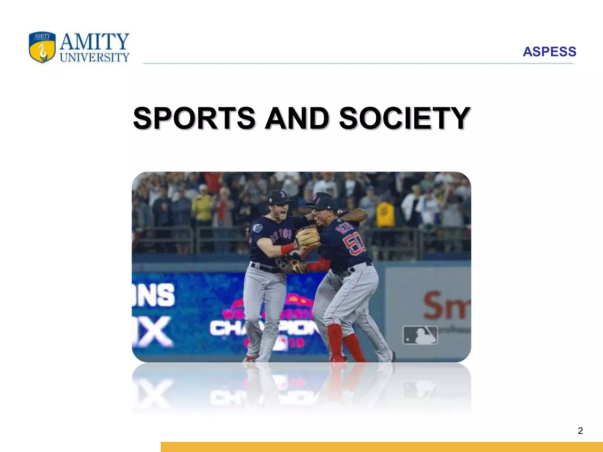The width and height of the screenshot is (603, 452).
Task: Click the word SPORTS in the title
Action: tap(194, 118)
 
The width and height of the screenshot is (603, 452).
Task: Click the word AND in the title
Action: tap(297, 118)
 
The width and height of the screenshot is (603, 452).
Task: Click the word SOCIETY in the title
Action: tap(405, 118)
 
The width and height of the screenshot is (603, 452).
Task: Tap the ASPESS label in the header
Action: tap(549, 52)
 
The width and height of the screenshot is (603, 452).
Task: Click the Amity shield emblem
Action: tap(42, 47)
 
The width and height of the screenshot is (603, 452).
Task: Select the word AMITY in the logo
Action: tap(94, 41)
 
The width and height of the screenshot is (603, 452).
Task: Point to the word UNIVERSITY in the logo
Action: tap(95, 57)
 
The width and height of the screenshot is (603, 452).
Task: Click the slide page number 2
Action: tap(580, 431)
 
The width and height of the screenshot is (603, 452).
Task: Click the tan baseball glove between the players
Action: tap(308, 236)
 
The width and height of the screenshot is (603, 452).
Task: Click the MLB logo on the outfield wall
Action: tap(420, 335)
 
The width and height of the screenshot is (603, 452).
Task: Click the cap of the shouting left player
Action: tap(278, 196)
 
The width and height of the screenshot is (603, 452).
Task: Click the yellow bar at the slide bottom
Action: tap(382, 447)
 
